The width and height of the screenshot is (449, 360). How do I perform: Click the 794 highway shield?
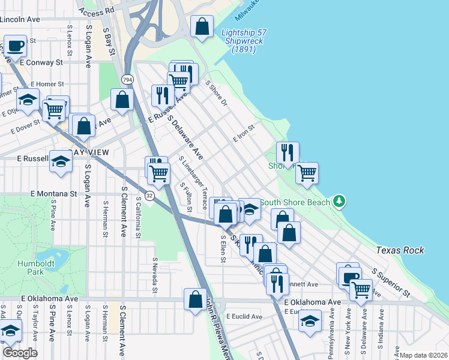click(127, 79)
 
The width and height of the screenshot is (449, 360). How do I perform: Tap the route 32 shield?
click(149, 196)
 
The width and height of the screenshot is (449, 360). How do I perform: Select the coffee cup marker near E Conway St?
click(16, 46)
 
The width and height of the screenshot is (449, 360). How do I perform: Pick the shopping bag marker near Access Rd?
click(202, 27)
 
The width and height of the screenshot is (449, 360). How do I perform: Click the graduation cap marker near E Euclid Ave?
click(310, 321)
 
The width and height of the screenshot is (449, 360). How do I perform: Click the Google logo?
click(19, 353)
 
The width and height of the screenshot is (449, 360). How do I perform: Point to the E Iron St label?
click(244, 133)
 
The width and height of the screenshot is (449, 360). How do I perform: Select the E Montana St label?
click(53, 194)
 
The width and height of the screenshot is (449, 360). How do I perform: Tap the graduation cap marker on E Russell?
click(60, 161)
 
